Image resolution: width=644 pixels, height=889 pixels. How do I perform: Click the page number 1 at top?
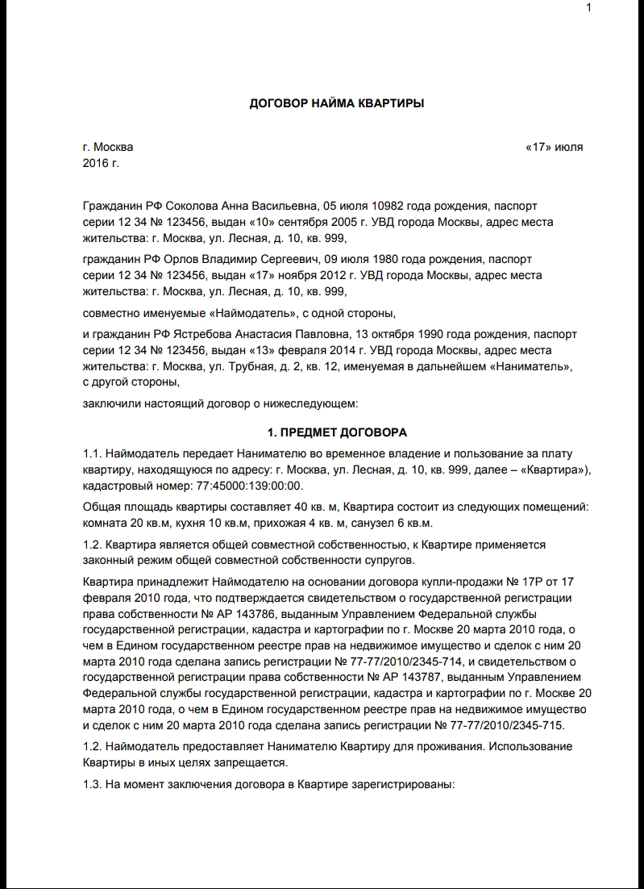pos(589,8)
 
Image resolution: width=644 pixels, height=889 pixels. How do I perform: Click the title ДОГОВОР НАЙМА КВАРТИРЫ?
pos(337,103)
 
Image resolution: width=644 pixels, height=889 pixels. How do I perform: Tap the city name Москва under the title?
pos(114,148)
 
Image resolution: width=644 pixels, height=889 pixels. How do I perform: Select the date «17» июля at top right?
pos(554,148)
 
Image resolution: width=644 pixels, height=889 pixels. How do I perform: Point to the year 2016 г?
pos(101,163)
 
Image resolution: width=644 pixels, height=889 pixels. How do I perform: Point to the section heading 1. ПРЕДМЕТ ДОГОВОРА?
pos(337,432)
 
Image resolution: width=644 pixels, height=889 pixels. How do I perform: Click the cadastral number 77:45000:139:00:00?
pos(249,486)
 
